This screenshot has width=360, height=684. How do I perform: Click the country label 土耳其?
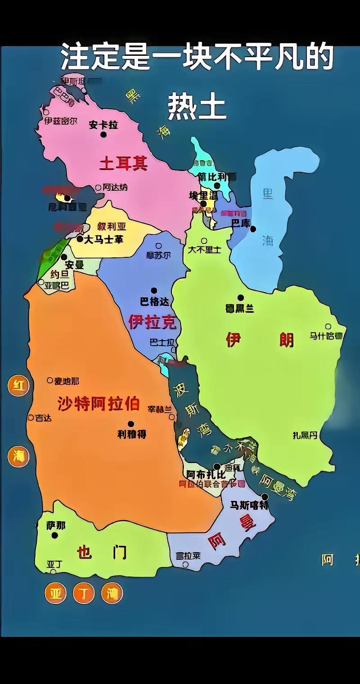123,163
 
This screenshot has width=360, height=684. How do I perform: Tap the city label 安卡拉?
103,125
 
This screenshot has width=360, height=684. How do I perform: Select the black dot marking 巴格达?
154,290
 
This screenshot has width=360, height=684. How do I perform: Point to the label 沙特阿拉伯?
99,404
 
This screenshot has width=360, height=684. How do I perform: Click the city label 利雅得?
131,434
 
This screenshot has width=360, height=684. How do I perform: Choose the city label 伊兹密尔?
61,121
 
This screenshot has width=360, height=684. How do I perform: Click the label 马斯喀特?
249,505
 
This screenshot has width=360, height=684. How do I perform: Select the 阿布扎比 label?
206,475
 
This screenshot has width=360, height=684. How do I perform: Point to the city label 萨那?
56,525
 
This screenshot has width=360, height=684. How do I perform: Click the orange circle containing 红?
18,386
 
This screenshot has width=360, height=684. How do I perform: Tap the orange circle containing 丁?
84,593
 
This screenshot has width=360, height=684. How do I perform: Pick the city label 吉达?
43,418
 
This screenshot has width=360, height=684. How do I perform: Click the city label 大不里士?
204,249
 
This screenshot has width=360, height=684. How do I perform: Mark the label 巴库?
240,223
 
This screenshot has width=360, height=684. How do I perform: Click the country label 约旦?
59,274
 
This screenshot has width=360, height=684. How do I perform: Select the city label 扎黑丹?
305,435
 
